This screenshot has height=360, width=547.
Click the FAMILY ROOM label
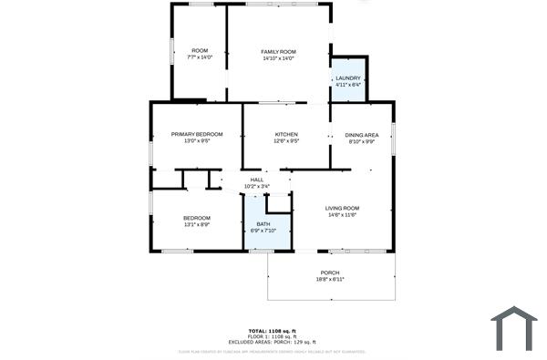pyautogui.click(x=279, y=51)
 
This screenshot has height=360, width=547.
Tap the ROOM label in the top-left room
pyautogui.click(x=200, y=50)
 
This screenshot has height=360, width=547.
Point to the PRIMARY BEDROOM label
pyautogui.click(x=197, y=134)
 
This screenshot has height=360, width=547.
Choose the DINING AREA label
pyautogui.click(x=362, y=135)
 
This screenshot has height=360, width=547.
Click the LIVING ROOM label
pyautogui.click(x=343, y=209)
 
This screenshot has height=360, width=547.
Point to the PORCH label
pyautogui.click(x=330, y=273)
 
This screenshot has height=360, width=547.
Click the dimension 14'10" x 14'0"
pyautogui.click(x=279, y=58)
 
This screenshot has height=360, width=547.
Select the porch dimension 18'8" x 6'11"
pyautogui.click(x=330, y=279)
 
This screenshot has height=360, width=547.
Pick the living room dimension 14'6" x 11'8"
pyautogui.click(x=343, y=216)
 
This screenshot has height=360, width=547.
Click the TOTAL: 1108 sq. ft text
pyautogui.click(x=273, y=330)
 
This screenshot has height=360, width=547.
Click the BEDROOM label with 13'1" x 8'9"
pyautogui.click(x=197, y=218)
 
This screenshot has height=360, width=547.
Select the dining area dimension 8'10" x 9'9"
pyautogui.click(x=362, y=141)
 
